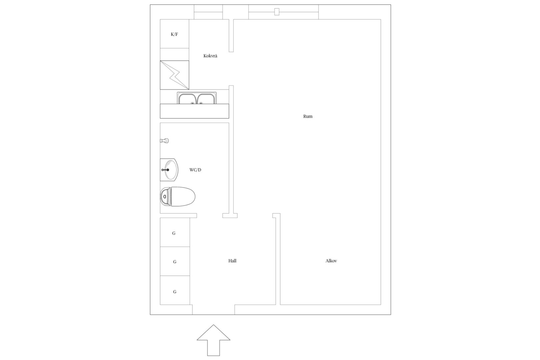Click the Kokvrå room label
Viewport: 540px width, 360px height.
pyautogui.click(x=210, y=56)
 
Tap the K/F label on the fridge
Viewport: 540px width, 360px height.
pyautogui.click(x=174, y=34)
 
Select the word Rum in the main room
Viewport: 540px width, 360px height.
pyautogui.click(x=308, y=116)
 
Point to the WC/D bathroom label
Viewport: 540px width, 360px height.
pyautogui.click(x=195, y=170)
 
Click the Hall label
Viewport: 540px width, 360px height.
pyautogui.click(x=232, y=261)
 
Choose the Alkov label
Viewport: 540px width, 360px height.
pyautogui.click(x=331, y=261)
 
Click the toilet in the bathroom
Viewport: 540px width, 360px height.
pyautogui.click(x=178, y=197)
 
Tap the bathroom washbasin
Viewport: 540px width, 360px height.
pyautogui.click(x=169, y=170)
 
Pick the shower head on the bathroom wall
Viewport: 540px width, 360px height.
pyautogui.click(x=164, y=141)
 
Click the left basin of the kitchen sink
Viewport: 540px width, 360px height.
pyautogui.click(x=187, y=99)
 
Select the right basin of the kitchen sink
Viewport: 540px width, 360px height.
pyautogui.click(x=206, y=99)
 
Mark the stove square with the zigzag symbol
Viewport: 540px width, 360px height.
pyautogui.click(x=175, y=75)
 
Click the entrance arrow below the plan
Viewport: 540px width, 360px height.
pyautogui.click(x=213, y=340)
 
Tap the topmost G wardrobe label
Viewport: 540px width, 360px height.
pyautogui.click(x=174, y=233)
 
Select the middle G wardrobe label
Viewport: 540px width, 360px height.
pyautogui.click(x=175, y=262)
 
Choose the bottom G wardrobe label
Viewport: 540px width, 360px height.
pyautogui.click(x=175, y=292)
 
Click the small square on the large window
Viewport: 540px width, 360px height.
pyautogui.click(x=277, y=12)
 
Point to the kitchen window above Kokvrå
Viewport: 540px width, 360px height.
pyautogui.click(x=208, y=12)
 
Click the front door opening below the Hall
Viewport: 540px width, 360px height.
pyautogui.click(x=213, y=310)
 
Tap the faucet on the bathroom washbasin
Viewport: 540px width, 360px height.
pyautogui.click(x=165, y=170)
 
